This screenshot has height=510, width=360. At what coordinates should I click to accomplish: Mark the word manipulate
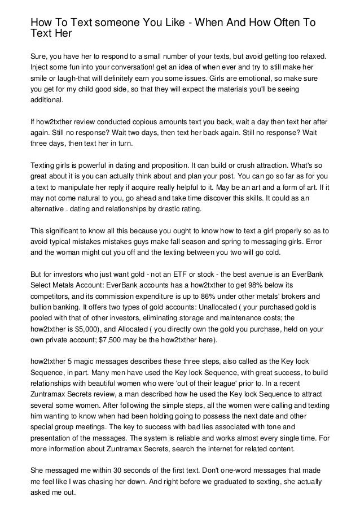point(74,187)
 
